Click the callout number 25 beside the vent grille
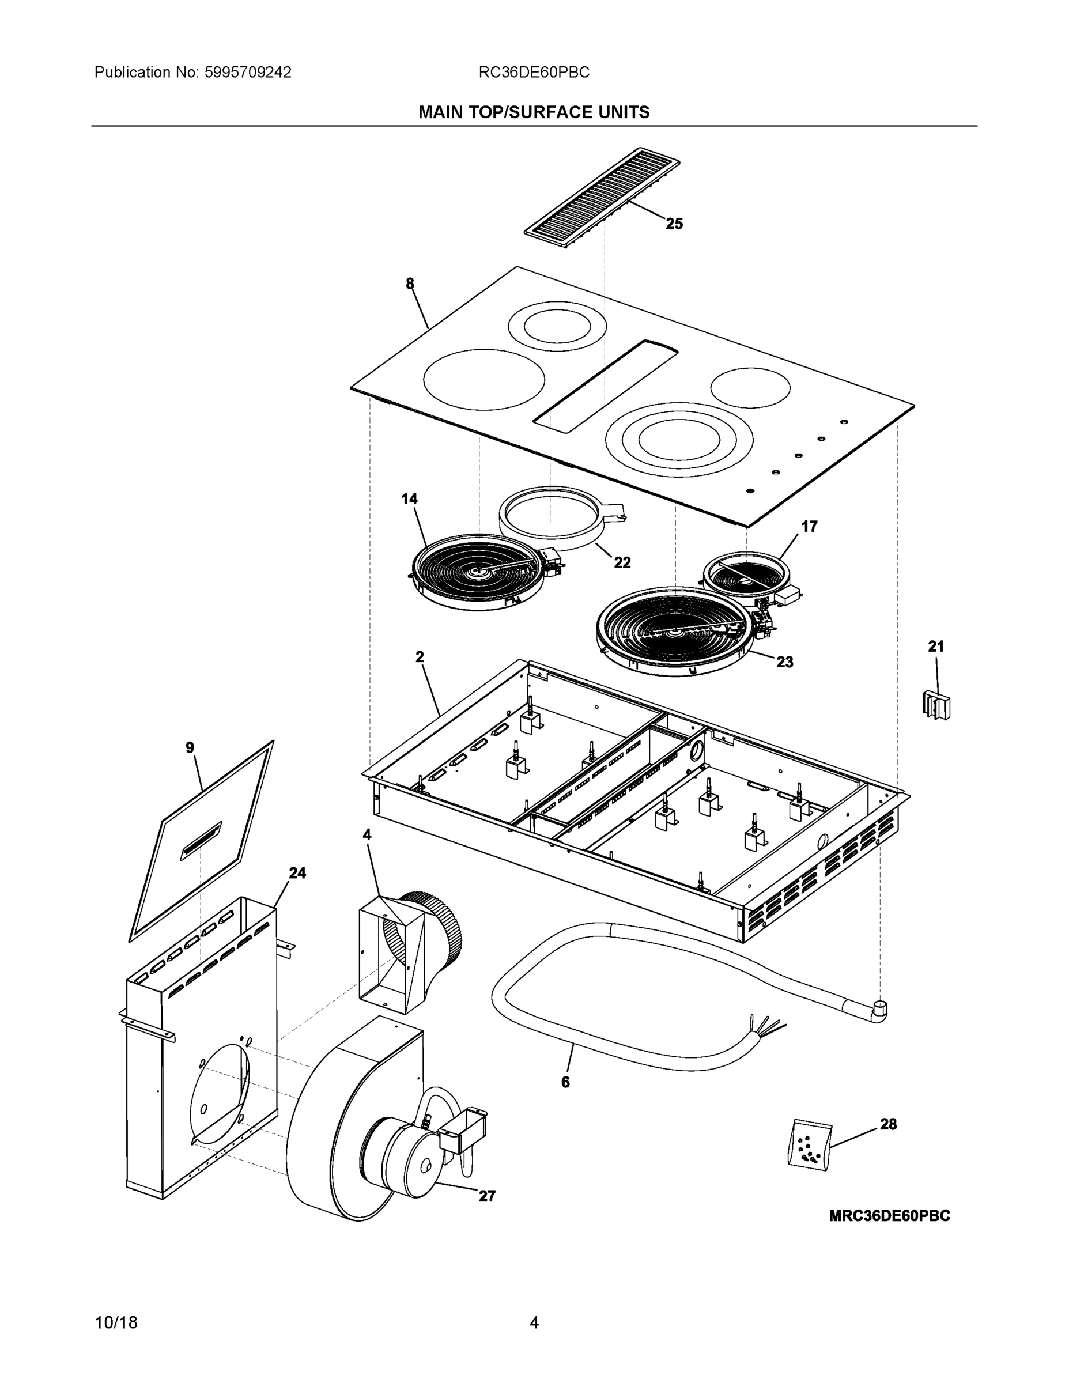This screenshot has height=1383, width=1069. tap(674, 224)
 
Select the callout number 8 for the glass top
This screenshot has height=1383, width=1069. tap(410, 284)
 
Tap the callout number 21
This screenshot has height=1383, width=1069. tap(936, 647)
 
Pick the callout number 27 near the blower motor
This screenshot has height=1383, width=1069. tap(486, 1196)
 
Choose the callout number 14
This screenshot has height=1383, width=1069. tap(409, 498)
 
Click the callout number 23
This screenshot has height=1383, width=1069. tap(785, 662)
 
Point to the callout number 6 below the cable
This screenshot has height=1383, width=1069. tap(565, 1082)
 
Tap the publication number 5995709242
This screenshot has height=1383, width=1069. tap(248, 72)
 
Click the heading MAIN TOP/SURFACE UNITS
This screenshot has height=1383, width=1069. tap(534, 112)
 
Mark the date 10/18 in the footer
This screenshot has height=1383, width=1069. tap(116, 1323)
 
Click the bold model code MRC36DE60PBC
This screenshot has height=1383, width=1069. tap(889, 1216)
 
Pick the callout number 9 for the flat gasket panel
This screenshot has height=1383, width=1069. tap(190, 748)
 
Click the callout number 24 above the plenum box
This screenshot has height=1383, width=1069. tap(297, 873)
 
